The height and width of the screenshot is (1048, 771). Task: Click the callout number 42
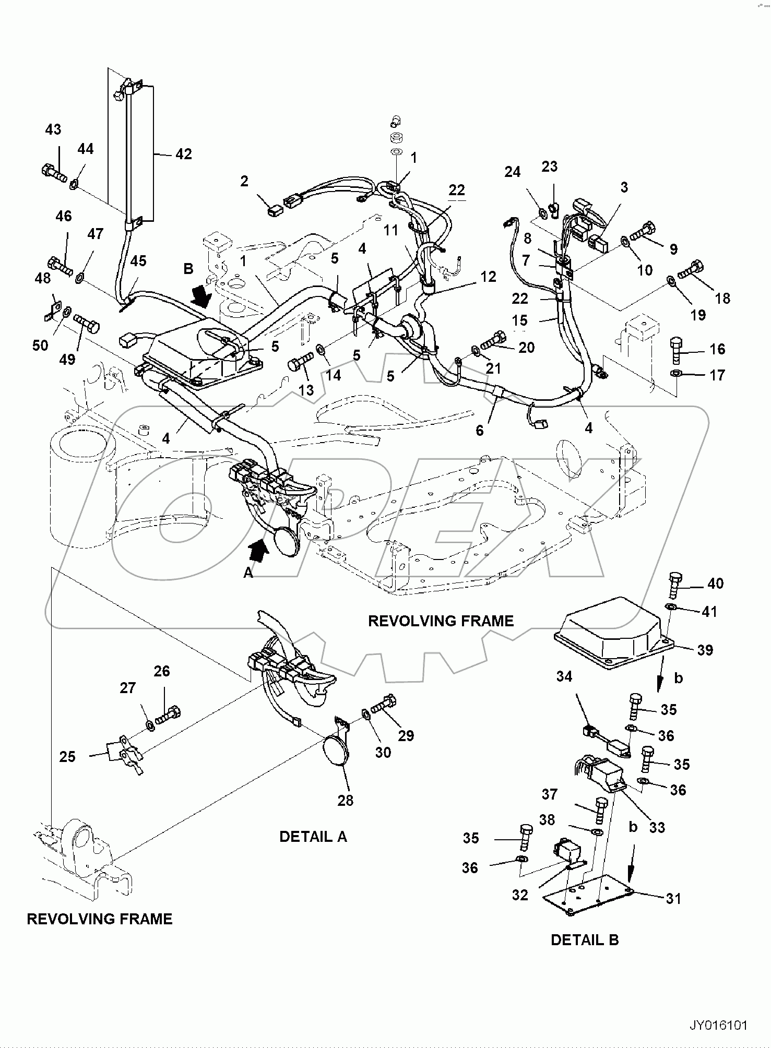pos(183,154)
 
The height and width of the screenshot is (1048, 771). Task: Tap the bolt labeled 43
pos(53,172)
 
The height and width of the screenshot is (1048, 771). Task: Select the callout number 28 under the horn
pos(345,800)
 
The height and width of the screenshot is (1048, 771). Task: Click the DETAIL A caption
pos(313,837)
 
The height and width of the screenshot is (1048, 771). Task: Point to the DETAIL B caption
pos(584,940)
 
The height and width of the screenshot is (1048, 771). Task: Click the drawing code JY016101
pos(718,1026)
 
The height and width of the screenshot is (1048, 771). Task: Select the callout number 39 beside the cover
pos(705,650)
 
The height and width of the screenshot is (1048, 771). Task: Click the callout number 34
pos(564,676)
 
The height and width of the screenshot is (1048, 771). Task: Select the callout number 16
pos(717,349)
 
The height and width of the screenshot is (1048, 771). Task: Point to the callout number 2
pos(244,181)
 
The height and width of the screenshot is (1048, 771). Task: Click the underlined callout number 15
pos(519,321)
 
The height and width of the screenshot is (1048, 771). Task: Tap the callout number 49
pos(67,359)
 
